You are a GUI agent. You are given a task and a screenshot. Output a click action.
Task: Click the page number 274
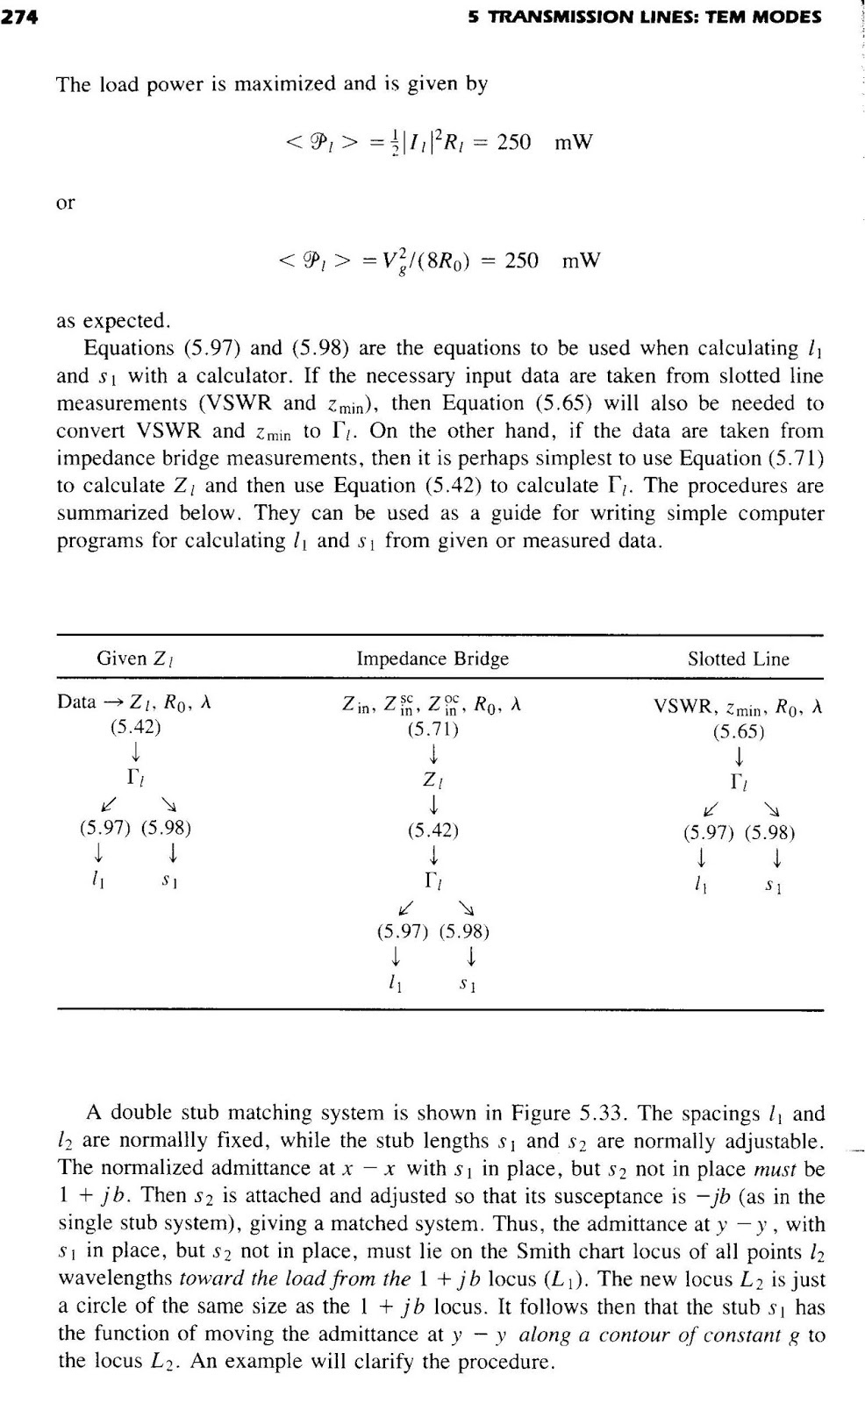tap(20, 16)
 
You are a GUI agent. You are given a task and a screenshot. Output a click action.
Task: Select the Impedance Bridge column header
tap(432, 659)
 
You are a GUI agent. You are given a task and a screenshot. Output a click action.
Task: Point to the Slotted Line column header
tap(738, 659)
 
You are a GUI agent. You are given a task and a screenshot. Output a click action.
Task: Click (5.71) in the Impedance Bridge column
tap(432, 728)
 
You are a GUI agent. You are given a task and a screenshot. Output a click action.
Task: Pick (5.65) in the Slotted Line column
tap(739, 730)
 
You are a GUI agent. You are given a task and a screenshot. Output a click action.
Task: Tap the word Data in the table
tap(75, 702)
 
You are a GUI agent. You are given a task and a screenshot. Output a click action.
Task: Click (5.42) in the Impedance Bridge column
tap(432, 830)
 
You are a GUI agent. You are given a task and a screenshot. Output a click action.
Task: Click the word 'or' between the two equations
tap(66, 203)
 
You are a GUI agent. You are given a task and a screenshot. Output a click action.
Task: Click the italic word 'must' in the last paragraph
tap(775, 1169)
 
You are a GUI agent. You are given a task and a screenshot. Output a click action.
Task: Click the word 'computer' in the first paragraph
tap(781, 514)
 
